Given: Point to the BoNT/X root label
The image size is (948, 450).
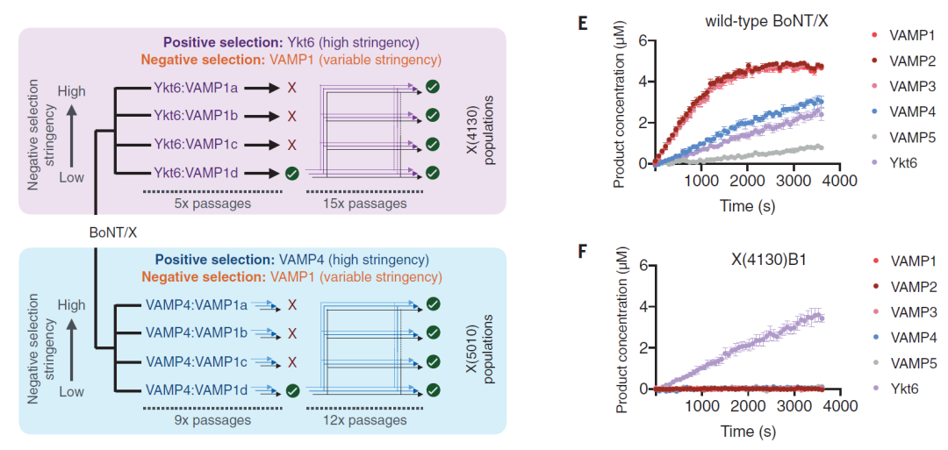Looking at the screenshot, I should point(113,232).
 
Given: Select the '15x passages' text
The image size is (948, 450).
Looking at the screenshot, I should point(371,203).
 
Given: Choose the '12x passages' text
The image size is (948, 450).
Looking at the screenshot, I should point(371,419).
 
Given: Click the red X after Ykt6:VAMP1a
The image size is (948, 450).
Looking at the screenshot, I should point(292,89).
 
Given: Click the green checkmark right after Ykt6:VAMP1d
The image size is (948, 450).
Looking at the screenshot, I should point(292,172).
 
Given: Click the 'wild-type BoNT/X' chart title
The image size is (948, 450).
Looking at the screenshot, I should point(766,18).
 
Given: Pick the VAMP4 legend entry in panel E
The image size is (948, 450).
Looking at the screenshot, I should point(902,111).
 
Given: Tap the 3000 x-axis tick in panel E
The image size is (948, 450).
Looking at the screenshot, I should point(793,181).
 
